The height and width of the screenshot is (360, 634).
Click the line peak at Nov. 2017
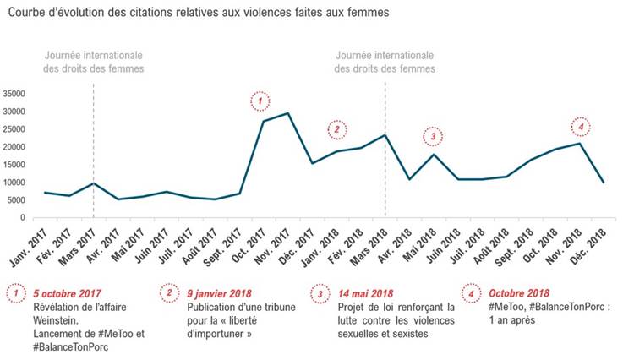click(x=288, y=113)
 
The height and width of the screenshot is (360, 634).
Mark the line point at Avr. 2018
click(x=410, y=179)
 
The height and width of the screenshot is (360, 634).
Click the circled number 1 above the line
click(x=262, y=101)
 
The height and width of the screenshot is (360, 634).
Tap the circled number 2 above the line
click(x=337, y=129)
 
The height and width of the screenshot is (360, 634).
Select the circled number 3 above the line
click(x=433, y=135)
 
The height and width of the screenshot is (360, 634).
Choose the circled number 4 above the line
click(x=580, y=126)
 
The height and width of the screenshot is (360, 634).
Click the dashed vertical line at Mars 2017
click(x=93, y=135)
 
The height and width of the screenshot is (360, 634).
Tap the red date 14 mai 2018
click(x=364, y=292)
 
